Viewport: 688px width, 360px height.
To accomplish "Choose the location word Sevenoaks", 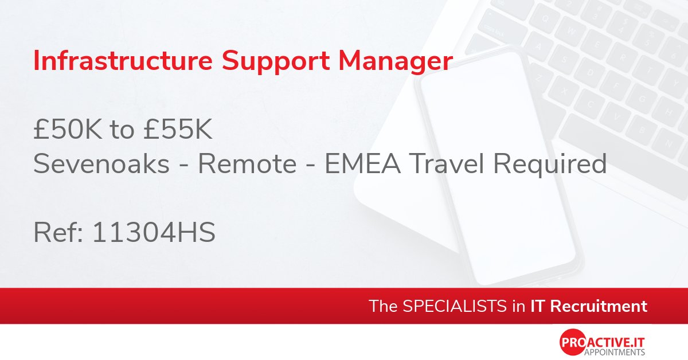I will coord(101,165).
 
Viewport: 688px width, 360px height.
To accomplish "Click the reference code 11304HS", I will coord(153,233).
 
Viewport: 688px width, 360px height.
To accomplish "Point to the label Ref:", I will coord(58,233).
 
